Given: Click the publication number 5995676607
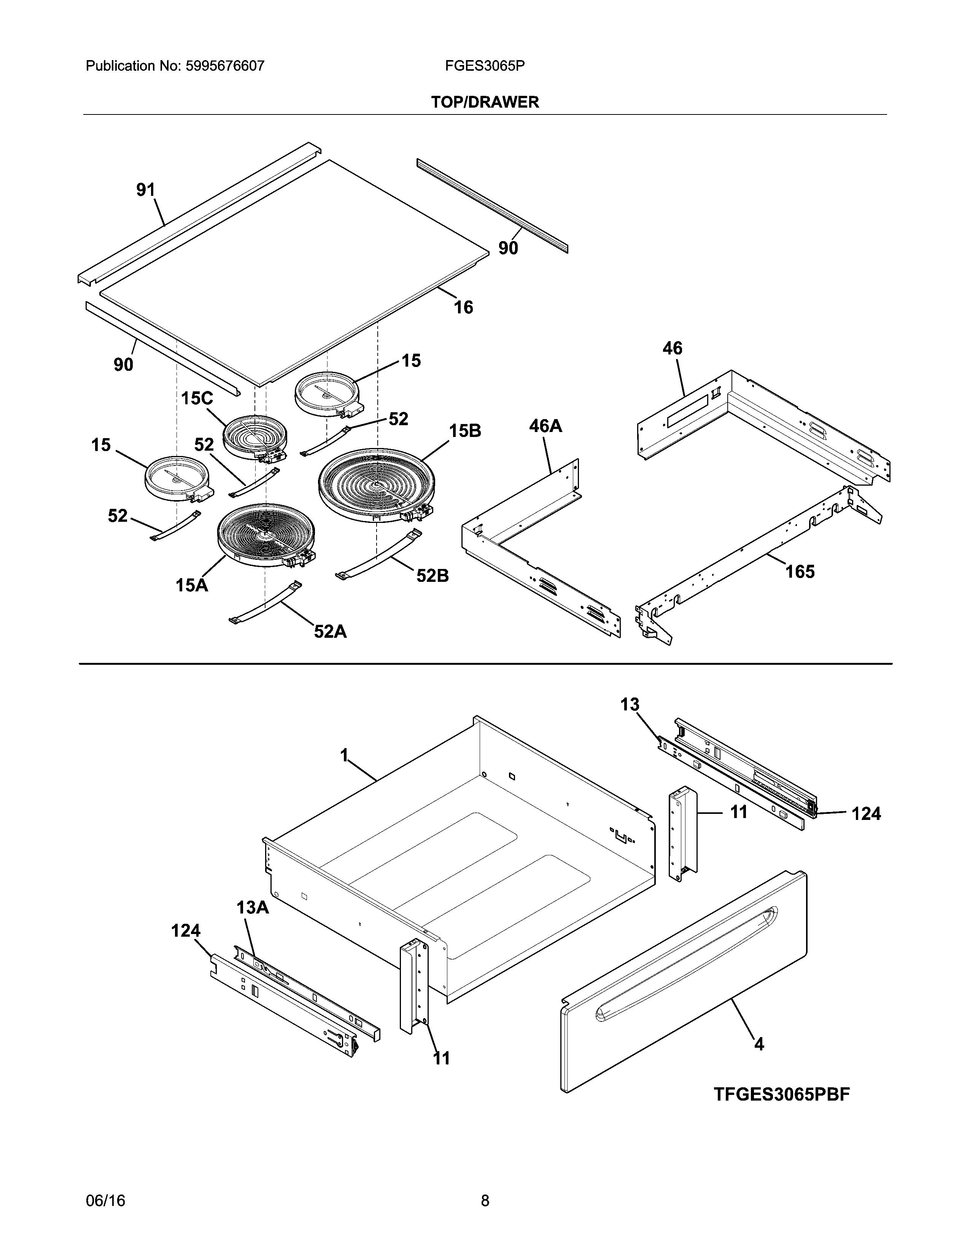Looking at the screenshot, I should (x=225, y=66).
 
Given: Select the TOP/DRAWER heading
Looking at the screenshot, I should (x=485, y=102).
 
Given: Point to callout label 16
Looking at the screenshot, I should (x=464, y=307).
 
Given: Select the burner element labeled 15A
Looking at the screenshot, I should (x=266, y=534).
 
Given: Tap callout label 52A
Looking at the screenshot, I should (x=331, y=632).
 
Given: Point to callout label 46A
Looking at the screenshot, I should (x=545, y=426).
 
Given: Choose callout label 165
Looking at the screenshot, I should (x=800, y=571).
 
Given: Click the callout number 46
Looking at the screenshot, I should (x=672, y=348).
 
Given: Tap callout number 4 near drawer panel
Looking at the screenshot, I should (x=759, y=1044).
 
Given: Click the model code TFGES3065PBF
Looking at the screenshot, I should (x=782, y=1094).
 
